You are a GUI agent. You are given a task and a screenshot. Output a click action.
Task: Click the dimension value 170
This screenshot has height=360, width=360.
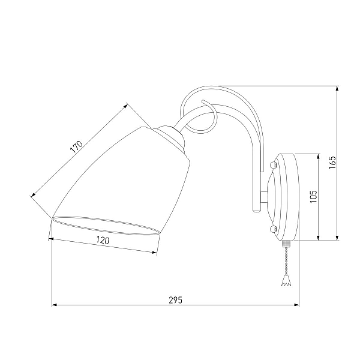pos(76,147)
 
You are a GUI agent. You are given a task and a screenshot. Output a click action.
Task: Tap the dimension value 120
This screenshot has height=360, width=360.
pos(103,241)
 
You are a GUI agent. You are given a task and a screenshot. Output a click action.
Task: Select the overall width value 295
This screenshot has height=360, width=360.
pos(176,301)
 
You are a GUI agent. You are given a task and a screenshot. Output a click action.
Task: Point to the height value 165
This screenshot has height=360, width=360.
pos(332,163)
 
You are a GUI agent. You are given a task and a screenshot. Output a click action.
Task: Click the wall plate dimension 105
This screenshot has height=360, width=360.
pos(313,196)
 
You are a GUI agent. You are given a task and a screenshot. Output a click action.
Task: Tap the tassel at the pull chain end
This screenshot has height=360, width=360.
pos(286,281)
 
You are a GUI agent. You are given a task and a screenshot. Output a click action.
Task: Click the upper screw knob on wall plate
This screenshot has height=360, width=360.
pos(272,165)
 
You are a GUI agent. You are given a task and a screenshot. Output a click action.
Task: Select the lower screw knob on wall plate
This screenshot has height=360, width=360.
pos(272,229)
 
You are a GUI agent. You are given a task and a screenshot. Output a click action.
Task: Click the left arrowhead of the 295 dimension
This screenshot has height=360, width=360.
pos(55,305)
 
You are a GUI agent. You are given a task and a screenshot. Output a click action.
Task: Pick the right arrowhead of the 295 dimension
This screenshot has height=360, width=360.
pos(296,305)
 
